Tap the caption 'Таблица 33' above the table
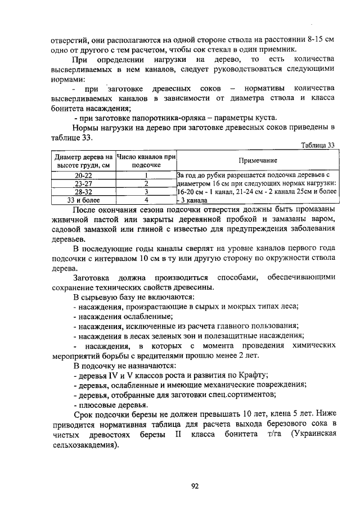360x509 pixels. coord(318,145)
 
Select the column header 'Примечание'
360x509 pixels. coord(256,160)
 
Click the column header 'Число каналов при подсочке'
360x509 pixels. coord(146,160)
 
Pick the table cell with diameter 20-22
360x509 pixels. coord(83,175)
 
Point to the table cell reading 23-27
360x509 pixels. coord(83,183)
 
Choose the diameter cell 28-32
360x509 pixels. coord(83,191)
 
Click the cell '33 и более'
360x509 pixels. coord(83,199)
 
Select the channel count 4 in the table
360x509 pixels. coord(146,199)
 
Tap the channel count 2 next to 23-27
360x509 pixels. coord(146,183)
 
